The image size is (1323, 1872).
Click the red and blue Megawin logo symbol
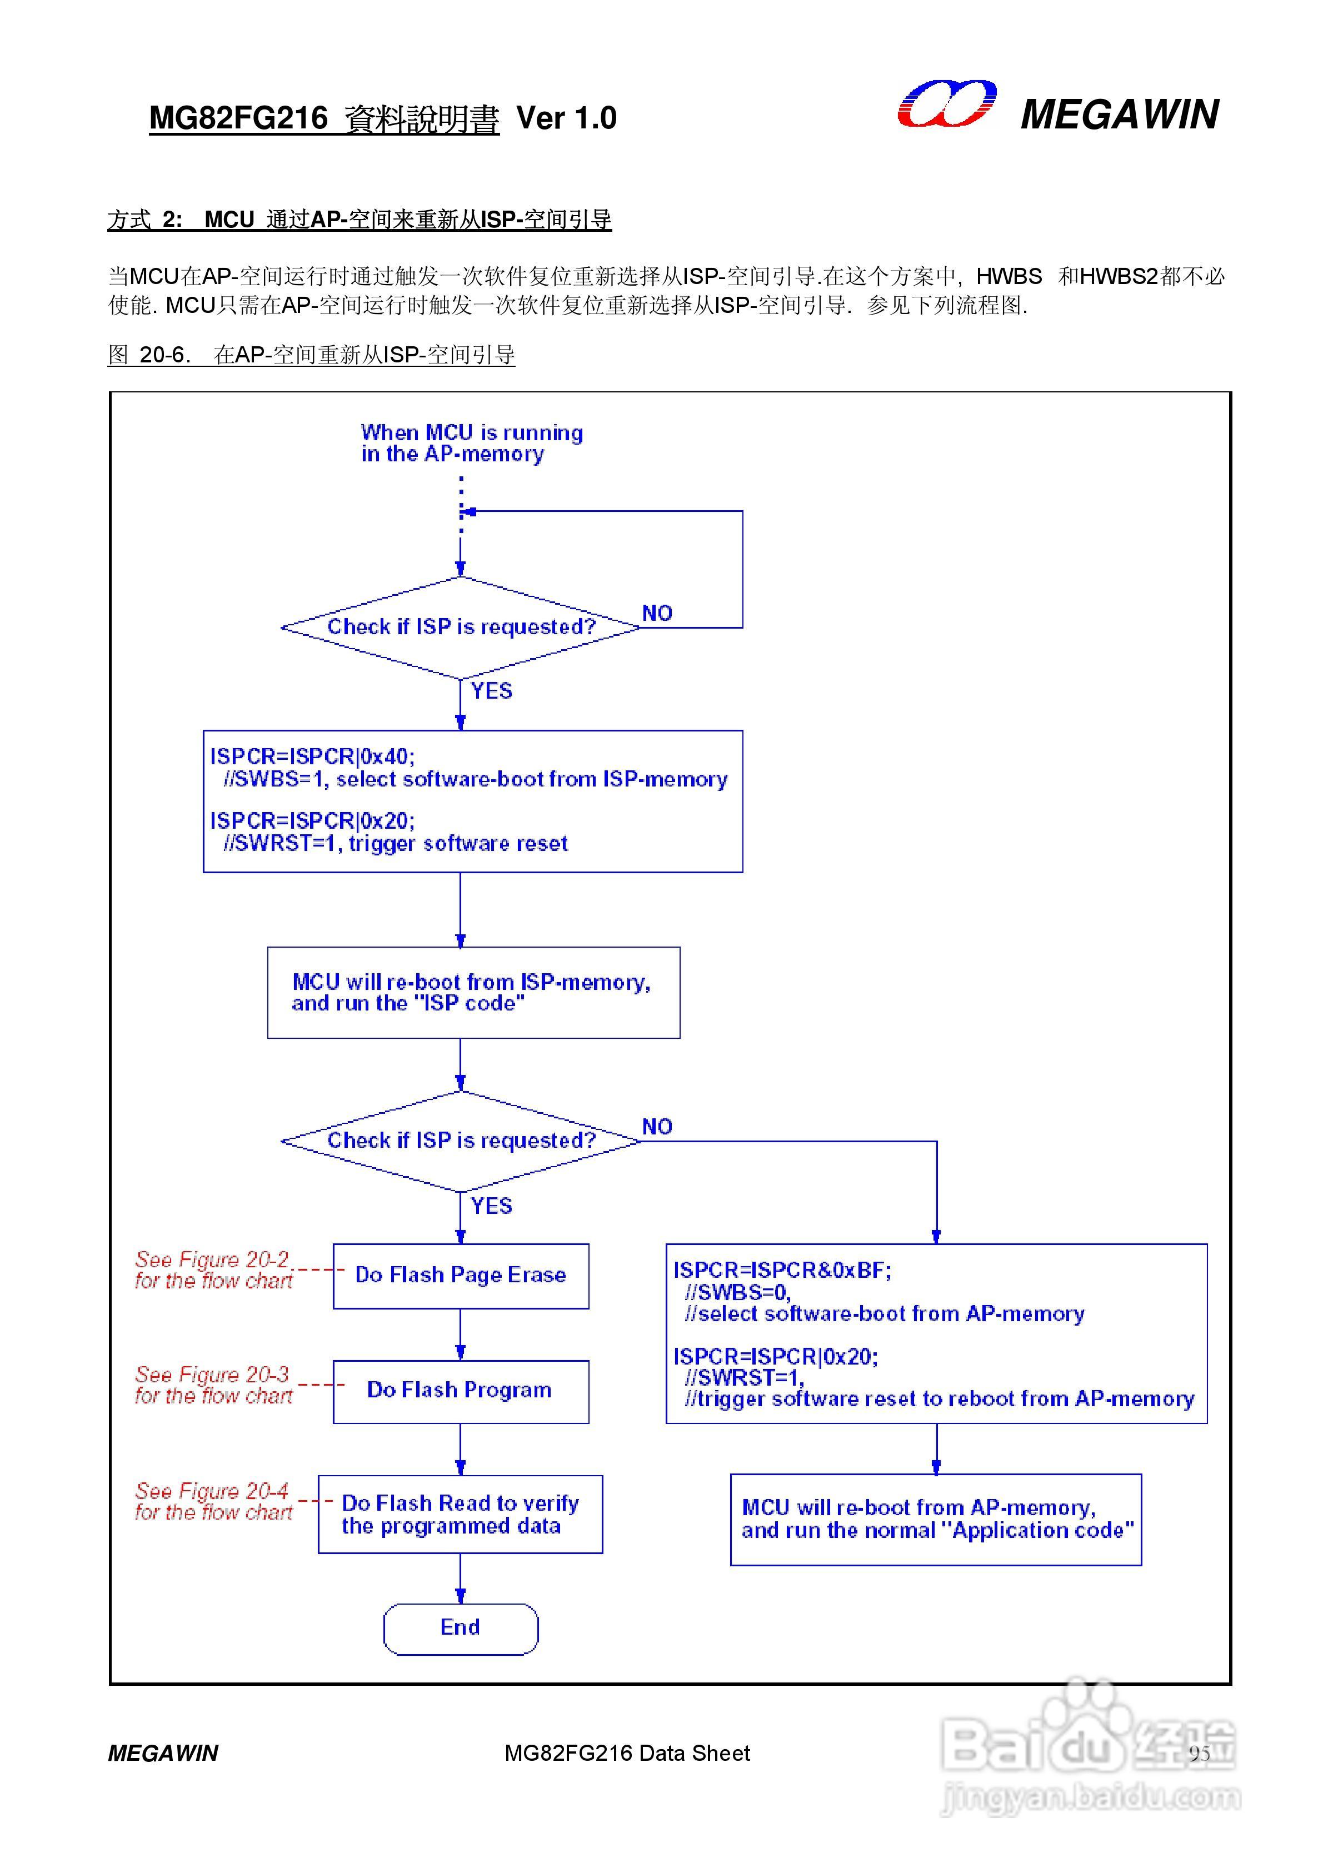pos(946,104)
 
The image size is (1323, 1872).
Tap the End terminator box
pos(461,1627)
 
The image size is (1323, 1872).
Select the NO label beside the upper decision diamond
pos(657,613)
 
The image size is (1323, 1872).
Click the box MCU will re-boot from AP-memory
pos(936,1519)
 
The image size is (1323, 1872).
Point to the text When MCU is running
pos(472,433)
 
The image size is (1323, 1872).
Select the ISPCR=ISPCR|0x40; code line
pos(312,756)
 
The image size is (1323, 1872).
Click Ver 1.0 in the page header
pos(567,119)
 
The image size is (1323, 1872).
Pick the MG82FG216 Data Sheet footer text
pos(627,1753)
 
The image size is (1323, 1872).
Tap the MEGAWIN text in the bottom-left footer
pos(163,1753)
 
